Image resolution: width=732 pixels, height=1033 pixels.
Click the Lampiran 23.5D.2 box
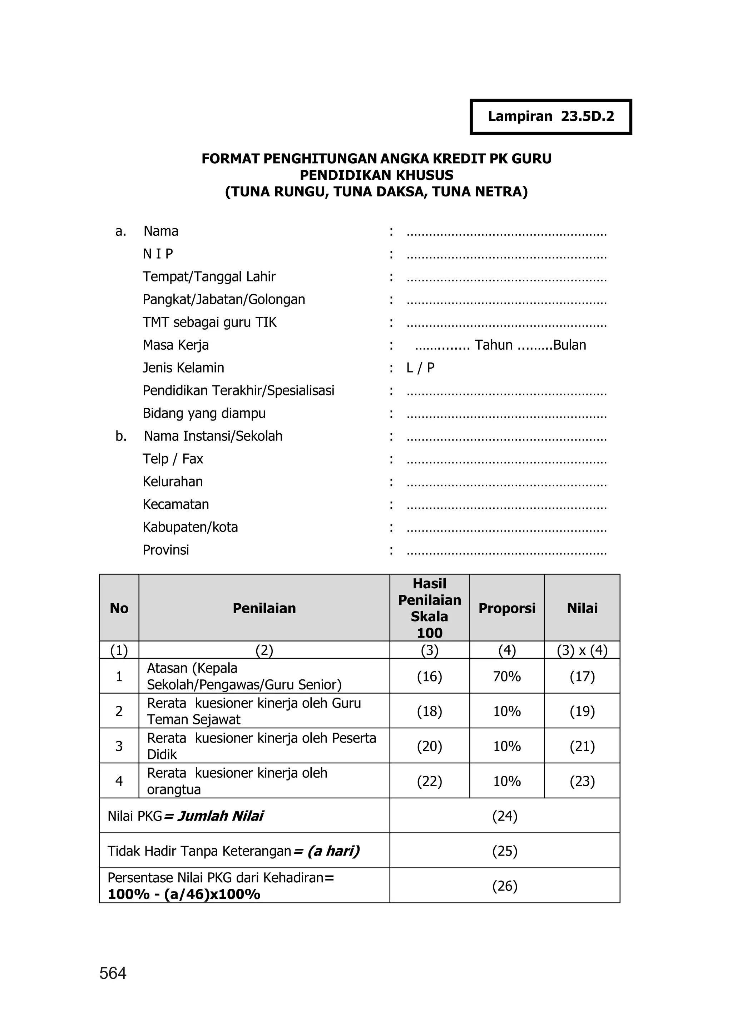click(550, 117)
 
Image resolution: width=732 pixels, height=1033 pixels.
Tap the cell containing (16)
click(429, 676)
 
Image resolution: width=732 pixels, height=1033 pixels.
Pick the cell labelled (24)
click(504, 816)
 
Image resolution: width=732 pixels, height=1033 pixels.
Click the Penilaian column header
click(264, 608)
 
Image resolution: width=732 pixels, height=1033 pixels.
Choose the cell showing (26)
click(504, 886)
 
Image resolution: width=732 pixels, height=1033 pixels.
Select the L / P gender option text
click(420, 368)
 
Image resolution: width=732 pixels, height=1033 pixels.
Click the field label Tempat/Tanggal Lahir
click(209, 276)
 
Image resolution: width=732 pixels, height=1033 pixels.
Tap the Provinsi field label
click(166, 550)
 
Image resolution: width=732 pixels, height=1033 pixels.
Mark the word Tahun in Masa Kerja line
click(494, 345)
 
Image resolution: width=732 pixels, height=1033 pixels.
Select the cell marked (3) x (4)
click(582, 650)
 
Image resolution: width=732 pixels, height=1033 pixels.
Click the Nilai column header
click(582, 608)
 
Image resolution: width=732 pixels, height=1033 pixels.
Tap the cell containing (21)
click(582, 747)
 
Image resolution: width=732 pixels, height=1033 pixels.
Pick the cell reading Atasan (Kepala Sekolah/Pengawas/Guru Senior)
click(244, 676)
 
